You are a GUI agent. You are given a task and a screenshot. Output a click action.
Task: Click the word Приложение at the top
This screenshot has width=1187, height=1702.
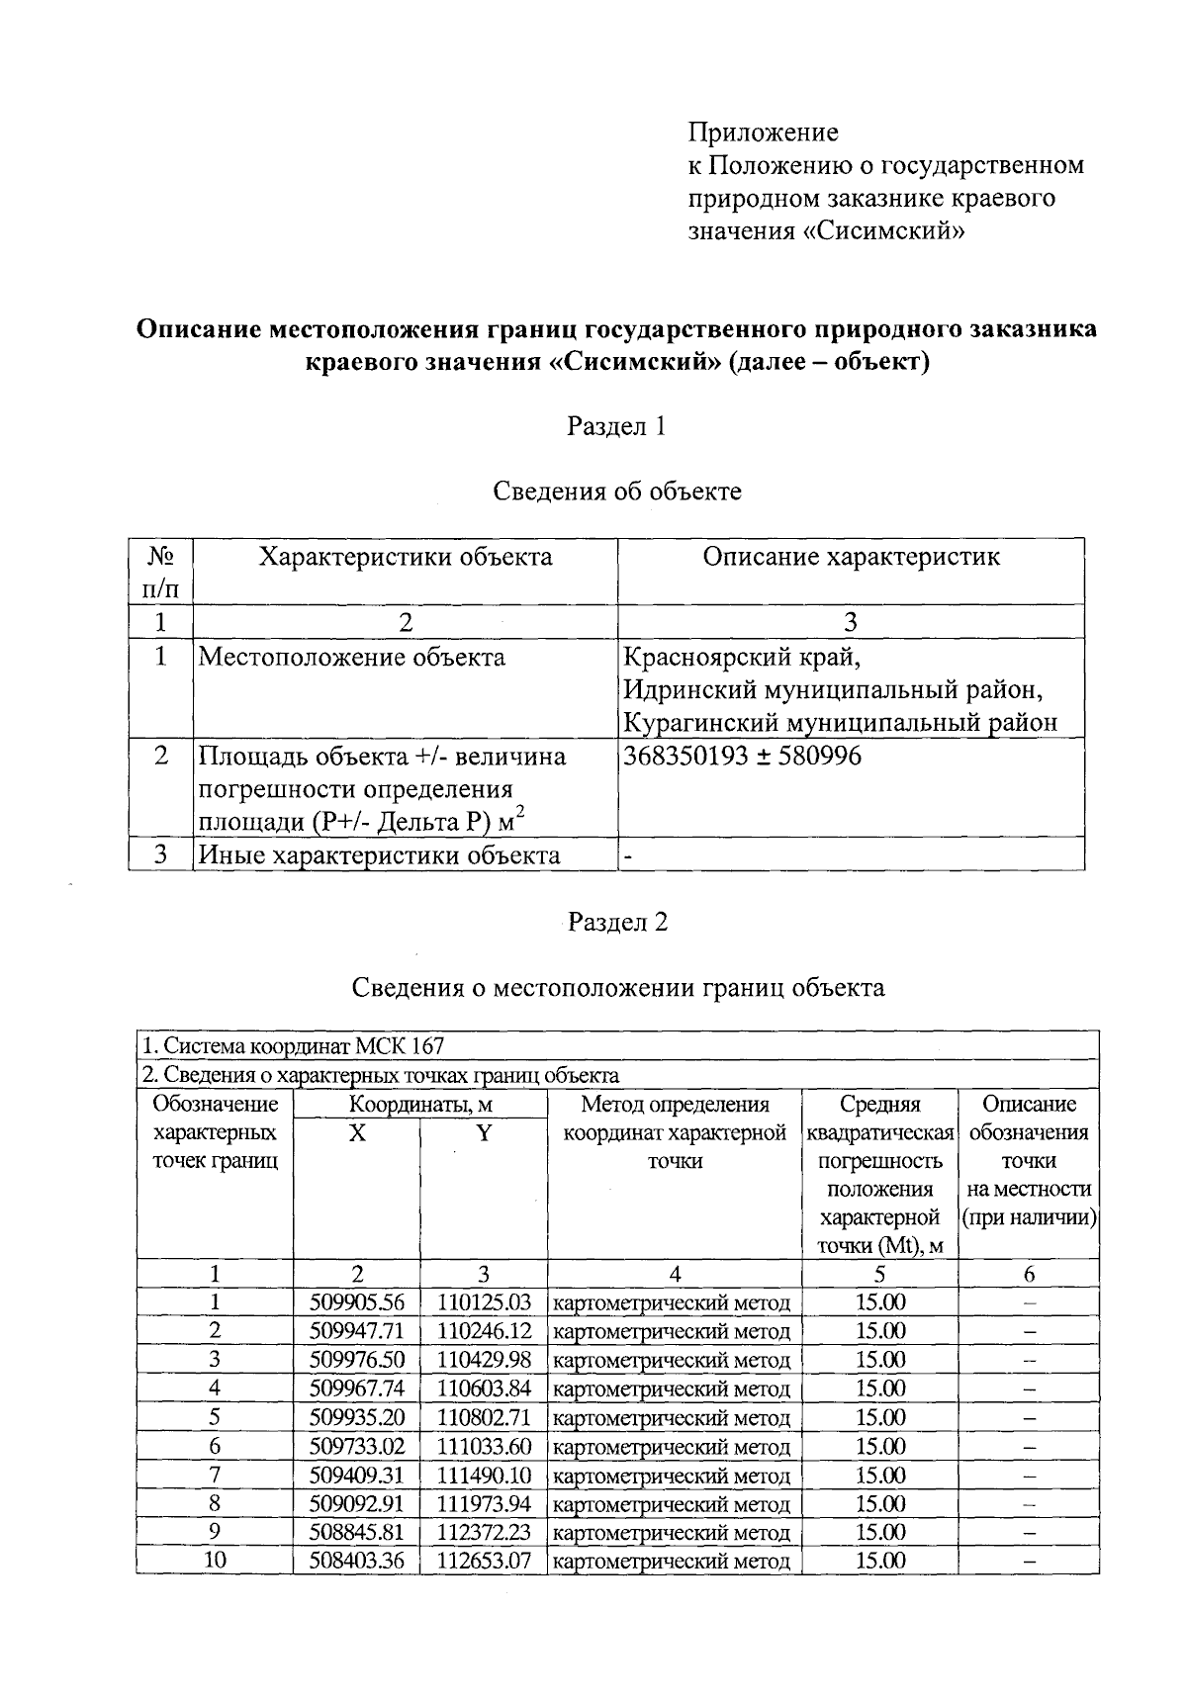pos(763,132)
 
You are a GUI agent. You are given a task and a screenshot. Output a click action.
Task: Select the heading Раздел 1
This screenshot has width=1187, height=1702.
pos(616,426)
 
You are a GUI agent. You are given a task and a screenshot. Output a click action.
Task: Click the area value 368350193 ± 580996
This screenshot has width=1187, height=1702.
pos(742,757)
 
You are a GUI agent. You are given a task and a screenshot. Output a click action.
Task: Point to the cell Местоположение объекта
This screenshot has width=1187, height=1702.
pos(351,658)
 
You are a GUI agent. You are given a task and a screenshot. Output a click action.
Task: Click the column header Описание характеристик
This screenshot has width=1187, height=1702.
pos(851,557)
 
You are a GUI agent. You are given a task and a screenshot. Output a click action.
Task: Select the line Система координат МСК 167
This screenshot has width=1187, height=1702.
pos(293,1045)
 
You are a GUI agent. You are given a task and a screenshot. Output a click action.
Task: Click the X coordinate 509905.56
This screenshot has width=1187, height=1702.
pos(357,1302)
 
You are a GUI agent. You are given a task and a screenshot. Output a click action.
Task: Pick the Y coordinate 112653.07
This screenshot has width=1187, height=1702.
pos(485,1561)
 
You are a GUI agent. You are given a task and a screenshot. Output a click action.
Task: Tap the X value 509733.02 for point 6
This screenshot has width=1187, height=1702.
pos(357,1446)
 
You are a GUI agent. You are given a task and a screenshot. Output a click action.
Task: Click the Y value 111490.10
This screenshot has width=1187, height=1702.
pos(485,1475)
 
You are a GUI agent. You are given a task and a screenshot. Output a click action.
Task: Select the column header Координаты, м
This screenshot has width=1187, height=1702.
pos(420,1105)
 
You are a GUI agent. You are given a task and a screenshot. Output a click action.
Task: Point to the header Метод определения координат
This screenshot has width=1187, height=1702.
pos(675,1119)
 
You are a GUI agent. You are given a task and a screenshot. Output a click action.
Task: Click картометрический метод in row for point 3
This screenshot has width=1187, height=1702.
pos(673,1360)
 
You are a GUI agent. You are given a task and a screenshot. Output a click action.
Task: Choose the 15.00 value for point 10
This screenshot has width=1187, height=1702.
pos(880,1561)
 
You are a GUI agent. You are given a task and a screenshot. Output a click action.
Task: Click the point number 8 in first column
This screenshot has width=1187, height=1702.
pos(214,1503)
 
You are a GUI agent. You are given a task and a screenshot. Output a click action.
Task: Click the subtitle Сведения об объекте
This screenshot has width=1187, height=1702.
pos(617,491)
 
